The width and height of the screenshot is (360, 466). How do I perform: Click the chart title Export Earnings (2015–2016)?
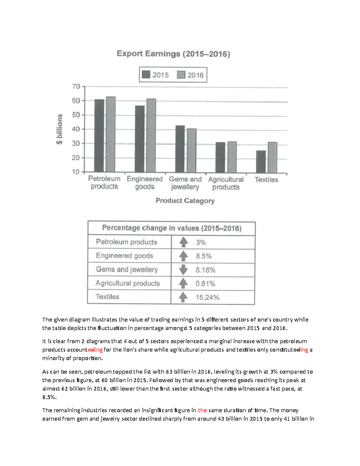[x=173, y=54]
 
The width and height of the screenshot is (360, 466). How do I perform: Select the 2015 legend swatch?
[x=146, y=75]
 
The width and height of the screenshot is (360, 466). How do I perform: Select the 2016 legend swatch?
[x=181, y=75]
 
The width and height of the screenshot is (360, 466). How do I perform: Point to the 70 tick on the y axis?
[x=76, y=87]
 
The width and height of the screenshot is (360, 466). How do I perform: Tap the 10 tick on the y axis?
[x=76, y=172]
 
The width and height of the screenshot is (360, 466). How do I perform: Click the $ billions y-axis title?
[x=59, y=129]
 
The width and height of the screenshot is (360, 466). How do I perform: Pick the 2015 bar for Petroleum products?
[x=99, y=136]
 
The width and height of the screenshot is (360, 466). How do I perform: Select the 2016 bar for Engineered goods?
[x=151, y=135]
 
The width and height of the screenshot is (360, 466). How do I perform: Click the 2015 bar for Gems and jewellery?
[x=180, y=149]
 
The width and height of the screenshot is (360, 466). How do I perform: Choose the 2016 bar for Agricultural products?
[x=232, y=157]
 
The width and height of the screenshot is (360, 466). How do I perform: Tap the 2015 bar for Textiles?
[x=261, y=161]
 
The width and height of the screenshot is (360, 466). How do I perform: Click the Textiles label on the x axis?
[x=266, y=180]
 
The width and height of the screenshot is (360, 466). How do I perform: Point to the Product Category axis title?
[x=185, y=201]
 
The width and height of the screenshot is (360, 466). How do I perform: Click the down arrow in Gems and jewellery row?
[x=183, y=270]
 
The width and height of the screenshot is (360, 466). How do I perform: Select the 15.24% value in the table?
[x=207, y=297]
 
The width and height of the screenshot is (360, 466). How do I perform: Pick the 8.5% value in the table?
[x=204, y=256]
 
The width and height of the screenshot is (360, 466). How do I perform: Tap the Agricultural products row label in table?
[x=128, y=283]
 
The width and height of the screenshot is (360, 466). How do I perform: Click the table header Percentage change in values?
[x=172, y=228]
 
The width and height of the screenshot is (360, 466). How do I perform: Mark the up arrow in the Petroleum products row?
[x=183, y=242]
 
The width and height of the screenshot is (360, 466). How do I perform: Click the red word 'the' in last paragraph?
[x=202, y=410]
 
